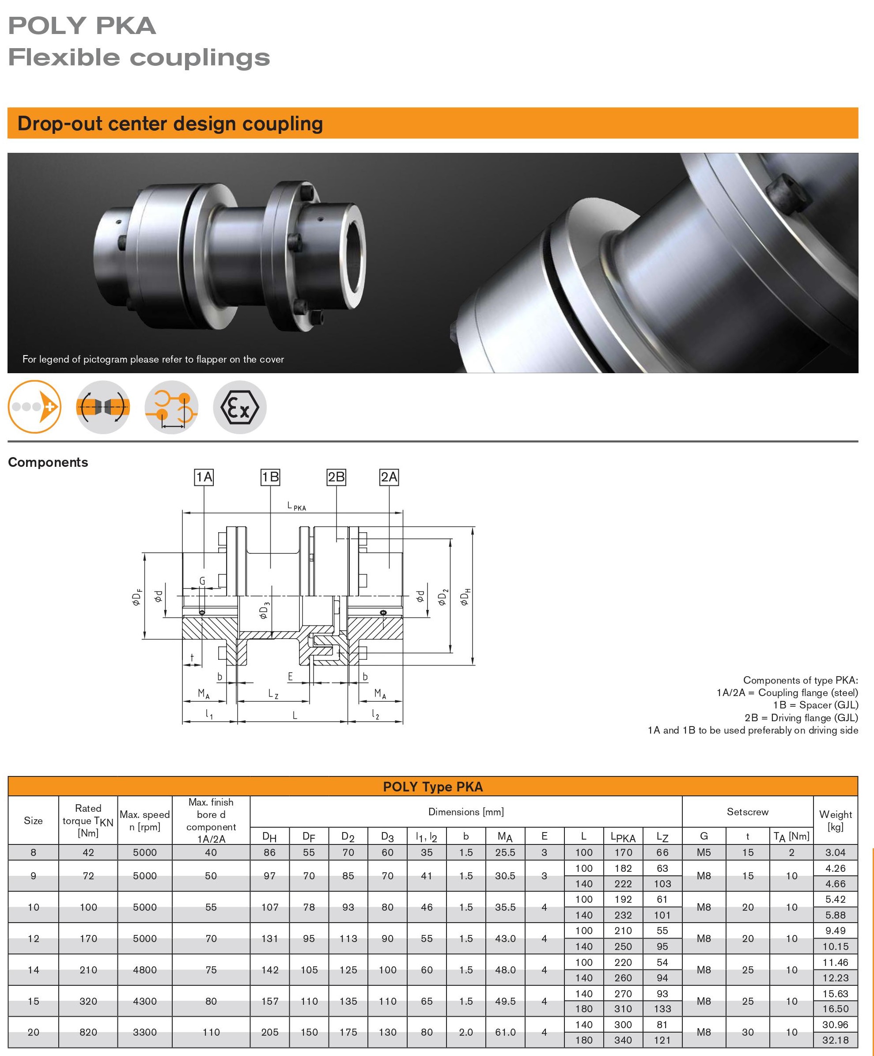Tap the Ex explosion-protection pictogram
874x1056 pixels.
[240, 407]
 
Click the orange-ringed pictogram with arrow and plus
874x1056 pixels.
[34, 407]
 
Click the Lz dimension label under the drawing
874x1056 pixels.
[273, 694]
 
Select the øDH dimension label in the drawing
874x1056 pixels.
[465, 596]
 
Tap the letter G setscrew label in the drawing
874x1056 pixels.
[202, 581]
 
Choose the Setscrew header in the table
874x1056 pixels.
[747, 811]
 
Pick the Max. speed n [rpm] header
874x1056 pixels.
[145, 820]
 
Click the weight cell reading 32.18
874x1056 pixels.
[835, 1040]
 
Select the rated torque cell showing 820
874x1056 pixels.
[88, 1032]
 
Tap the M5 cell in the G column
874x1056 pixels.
[704, 852]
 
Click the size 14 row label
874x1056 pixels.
[33, 969]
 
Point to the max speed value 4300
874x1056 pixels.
[145, 1001]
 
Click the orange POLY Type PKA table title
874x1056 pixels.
[432, 787]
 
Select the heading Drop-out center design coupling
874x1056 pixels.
[170, 124]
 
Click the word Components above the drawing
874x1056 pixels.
[48, 462]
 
